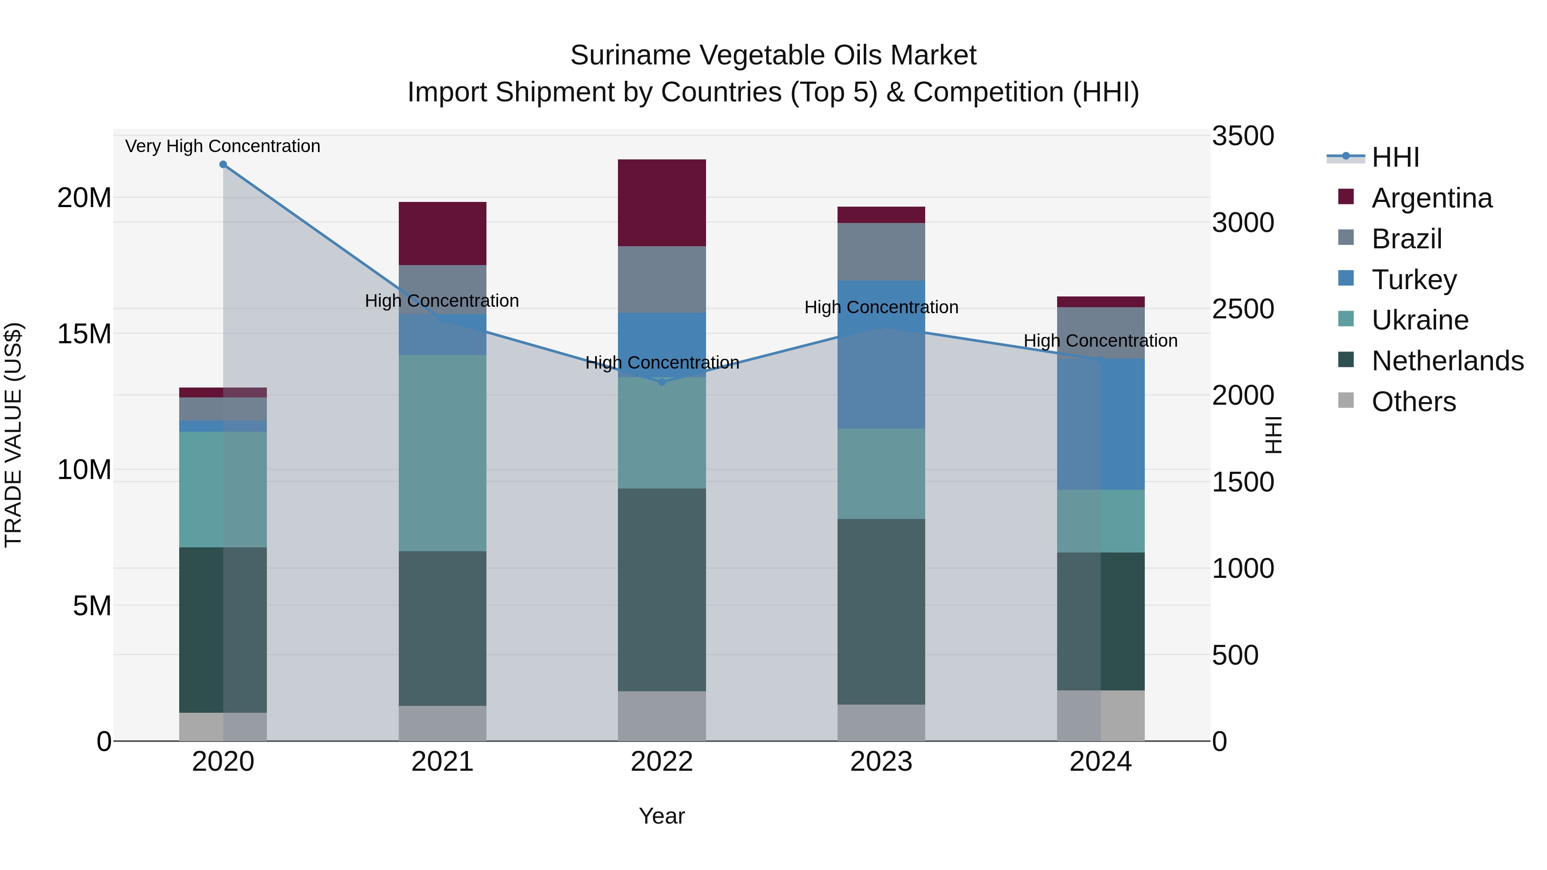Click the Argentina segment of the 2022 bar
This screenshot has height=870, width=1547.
point(662,203)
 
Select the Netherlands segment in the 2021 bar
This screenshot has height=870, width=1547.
point(443,628)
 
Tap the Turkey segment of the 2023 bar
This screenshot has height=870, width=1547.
point(881,354)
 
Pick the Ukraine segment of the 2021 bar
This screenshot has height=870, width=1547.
point(443,453)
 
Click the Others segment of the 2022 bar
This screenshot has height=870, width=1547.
point(662,716)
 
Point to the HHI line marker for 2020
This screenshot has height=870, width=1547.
point(223,165)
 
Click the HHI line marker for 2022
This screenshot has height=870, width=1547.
point(662,382)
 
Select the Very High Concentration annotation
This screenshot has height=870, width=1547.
point(223,146)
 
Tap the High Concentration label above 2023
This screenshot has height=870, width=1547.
point(881,308)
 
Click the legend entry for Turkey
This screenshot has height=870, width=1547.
point(1414,280)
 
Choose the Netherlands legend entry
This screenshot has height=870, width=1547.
point(1447,361)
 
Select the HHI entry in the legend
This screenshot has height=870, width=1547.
point(1395,157)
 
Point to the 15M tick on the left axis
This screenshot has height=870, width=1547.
point(84,334)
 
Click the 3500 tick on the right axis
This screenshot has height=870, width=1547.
point(1242,136)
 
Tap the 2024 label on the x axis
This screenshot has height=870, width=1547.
point(1100,762)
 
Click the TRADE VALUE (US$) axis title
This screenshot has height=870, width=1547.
point(13,435)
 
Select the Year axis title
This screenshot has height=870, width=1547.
point(662,816)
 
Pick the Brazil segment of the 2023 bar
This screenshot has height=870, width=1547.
point(881,252)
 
